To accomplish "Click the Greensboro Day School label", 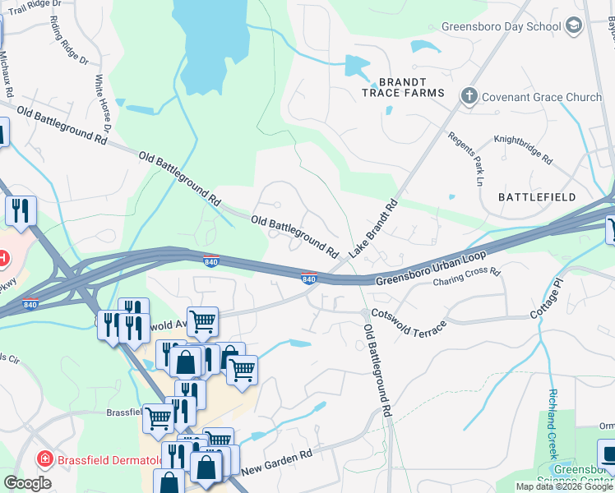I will [x=501, y=26].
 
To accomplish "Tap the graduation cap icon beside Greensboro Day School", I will [x=574, y=26].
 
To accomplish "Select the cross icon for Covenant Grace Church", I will [x=469, y=97].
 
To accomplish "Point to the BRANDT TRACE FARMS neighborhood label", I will [x=403, y=87].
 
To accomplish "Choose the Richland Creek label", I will [x=553, y=424].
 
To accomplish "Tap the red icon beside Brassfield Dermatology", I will [x=44, y=457].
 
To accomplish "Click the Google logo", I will [x=27, y=483].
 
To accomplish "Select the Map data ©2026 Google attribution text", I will [x=564, y=486].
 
